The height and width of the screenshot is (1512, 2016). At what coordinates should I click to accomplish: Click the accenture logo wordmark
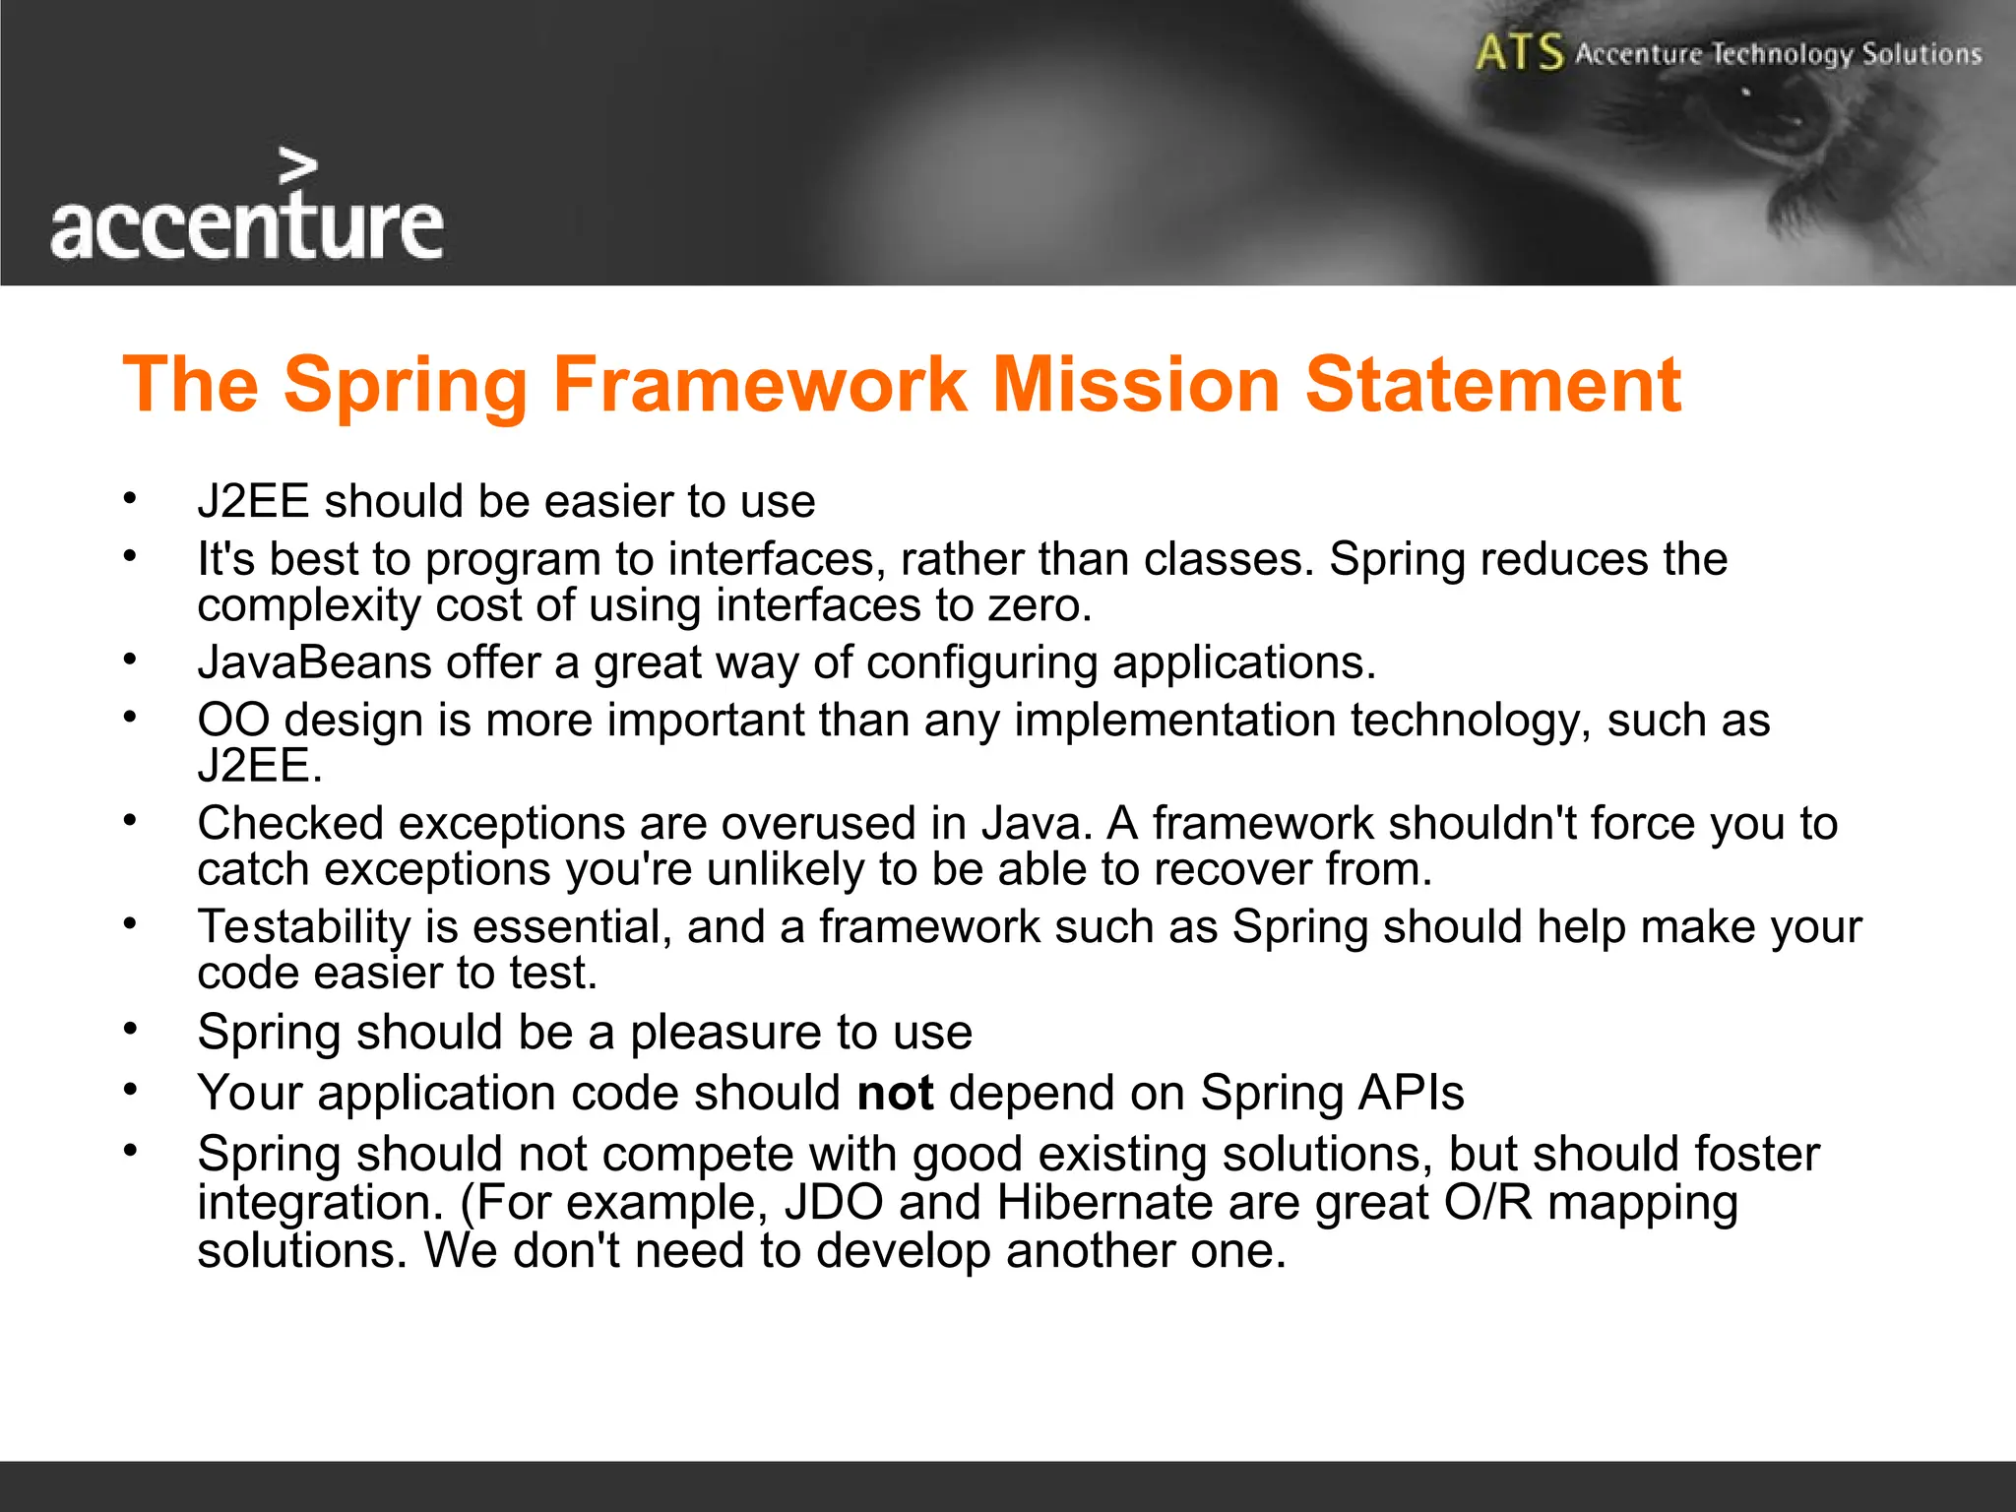click(x=246, y=227)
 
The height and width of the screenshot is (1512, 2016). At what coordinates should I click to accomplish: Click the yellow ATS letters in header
click(x=1519, y=52)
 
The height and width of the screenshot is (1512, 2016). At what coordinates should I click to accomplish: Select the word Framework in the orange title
click(x=759, y=384)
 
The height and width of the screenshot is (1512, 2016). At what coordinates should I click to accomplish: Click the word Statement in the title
click(x=1492, y=384)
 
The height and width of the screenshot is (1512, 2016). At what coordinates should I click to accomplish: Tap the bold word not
click(x=895, y=1094)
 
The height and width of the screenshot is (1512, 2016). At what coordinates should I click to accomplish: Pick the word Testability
click(x=303, y=927)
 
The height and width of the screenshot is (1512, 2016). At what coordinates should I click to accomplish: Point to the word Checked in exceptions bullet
click(x=289, y=823)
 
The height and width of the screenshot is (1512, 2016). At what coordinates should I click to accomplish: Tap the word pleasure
click(x=725, y=1033)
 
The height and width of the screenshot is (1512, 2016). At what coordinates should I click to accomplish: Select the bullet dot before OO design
click(x=129, y=717)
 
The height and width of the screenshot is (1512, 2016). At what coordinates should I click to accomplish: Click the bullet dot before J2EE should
click(x=129, y=498)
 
